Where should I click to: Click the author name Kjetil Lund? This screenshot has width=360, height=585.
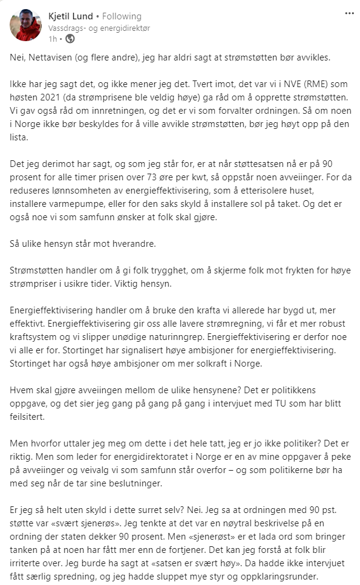[x=70, y=16]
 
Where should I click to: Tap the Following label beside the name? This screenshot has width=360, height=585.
[x=122, y=16]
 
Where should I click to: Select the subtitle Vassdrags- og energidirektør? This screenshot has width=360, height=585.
[x=99, y=28]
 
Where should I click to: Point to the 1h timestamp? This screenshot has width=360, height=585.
[x=53, y=39]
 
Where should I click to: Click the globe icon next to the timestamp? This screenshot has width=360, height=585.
[x=70, y=39]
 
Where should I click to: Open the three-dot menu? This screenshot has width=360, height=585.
[x=349, y=13]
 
